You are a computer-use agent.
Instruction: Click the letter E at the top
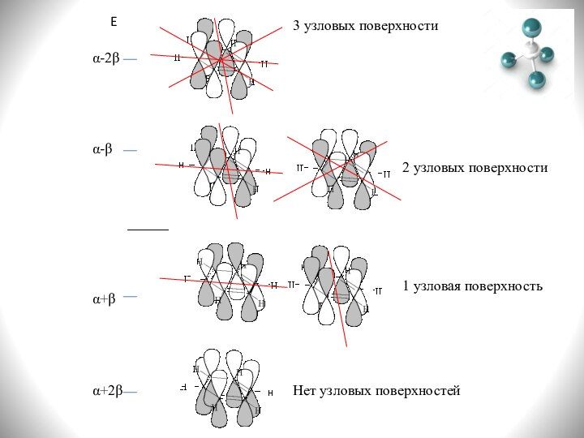[114, 24]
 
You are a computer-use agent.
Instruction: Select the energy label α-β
[101, 150]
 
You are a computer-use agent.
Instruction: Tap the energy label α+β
[103, 299]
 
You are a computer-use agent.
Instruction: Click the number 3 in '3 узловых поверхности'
[296, 26]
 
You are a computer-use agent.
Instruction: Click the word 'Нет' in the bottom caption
[305, 391]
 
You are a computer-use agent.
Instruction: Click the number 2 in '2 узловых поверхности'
[406, 168]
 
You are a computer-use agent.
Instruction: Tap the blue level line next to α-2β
[131, 60]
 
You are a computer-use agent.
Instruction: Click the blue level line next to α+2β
[131, 392]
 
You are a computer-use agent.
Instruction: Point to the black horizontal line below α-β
[148, 230]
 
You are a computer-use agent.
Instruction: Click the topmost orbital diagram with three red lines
[221, 58]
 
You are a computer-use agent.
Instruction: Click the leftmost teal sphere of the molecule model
[509, 59]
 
